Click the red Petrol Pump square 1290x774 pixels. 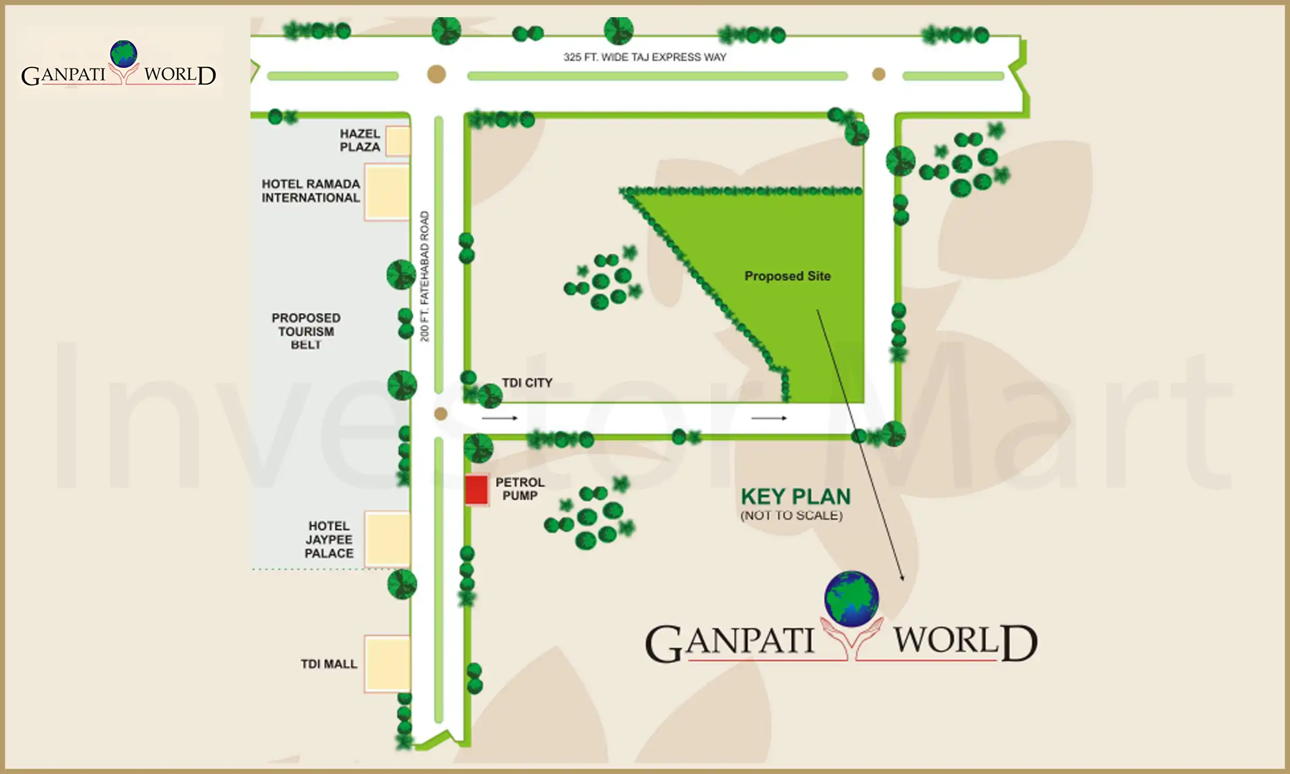point(476,490)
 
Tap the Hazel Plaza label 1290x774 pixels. point(360,140)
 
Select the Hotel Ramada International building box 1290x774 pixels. point(387,192)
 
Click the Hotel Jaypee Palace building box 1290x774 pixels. point(387,539)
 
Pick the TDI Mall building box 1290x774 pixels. point(387,663)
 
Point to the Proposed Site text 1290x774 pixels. point(787,276)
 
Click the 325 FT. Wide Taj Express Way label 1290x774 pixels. point(644,57)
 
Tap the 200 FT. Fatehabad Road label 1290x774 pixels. point(425,276)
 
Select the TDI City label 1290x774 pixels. point(527,383)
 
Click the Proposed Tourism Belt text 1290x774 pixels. point(306,331)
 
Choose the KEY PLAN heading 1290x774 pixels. point(795,497)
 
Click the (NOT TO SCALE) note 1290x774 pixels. point(791,515)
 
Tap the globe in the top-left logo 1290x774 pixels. point(124,54)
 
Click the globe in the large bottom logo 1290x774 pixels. point(851,599)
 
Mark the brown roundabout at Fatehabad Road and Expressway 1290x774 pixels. point(436,74)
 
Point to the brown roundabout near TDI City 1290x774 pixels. point(441,413)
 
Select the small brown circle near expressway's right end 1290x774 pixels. point(879,74)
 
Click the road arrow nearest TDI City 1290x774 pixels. point(499,418)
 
